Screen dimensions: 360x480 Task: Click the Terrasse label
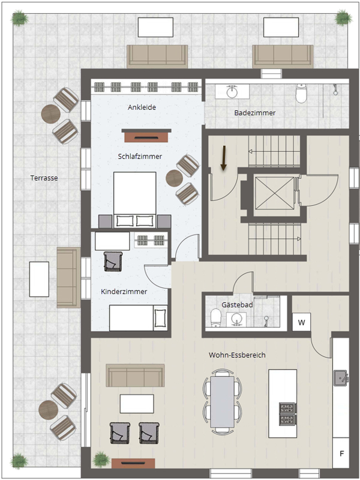44,178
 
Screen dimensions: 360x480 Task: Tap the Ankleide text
142,107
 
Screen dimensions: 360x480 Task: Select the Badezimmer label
255,113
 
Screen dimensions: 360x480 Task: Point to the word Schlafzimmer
140,157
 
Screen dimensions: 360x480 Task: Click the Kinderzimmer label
124,292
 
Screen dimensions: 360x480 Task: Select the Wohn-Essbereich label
237,355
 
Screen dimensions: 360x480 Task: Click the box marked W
302,322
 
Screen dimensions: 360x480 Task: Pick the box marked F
341,453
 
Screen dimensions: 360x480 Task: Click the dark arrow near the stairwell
224,158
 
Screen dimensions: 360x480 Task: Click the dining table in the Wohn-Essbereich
222,401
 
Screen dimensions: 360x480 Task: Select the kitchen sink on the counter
341,378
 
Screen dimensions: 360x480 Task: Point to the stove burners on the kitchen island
287,414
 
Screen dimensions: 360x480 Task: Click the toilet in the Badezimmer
301,94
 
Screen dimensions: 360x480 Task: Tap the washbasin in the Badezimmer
232,92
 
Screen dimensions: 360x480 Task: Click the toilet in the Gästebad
216,318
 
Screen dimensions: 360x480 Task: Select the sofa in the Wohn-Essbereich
135,376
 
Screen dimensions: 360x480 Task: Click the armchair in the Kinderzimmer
113,262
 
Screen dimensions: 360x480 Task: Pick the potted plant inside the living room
101,459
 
